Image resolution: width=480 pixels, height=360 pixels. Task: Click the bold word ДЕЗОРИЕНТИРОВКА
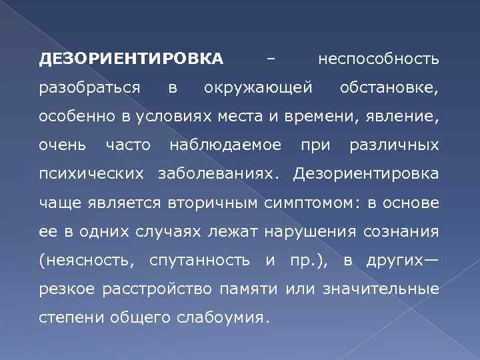click(x=131, y=59)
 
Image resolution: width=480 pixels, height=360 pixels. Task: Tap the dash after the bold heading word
click(x=271, y=59)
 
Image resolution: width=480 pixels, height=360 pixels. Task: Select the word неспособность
click(x=379, y=59)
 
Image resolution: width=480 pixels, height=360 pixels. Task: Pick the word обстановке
click(x=389, y=88)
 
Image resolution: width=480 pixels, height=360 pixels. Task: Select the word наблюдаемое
click(x=227, y=145)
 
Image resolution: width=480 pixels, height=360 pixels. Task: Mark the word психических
click(x=91, y=174)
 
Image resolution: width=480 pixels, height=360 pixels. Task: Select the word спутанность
click(x=200, y=260)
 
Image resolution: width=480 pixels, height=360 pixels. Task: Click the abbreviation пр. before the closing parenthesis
click(x=297, y=260)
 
